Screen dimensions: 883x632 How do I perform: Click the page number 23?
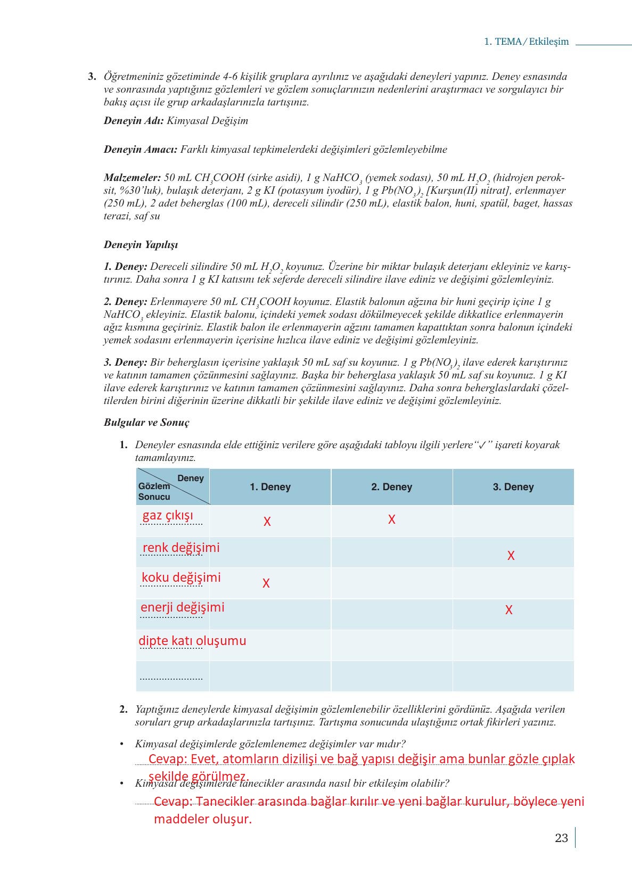point(561,838)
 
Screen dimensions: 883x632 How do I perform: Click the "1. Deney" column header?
point(270,487)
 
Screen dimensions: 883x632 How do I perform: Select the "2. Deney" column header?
point(391,487)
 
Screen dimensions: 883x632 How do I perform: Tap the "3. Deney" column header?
point(513,487)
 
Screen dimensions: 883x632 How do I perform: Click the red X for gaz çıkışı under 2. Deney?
point(391,519)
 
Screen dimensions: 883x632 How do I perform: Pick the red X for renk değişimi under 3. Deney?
point(511,556)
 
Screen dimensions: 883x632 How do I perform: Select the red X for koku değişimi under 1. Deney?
point(266,583)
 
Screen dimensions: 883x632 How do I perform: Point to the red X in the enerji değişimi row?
point(509,610)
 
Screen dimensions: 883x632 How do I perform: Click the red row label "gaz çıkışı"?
point(168,516)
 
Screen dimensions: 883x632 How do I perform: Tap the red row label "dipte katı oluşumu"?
point(192,641)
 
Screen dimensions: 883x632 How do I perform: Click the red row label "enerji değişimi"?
point(182,607)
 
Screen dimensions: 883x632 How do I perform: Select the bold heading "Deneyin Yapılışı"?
point(141,245)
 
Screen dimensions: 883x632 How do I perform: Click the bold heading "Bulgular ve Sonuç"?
point(146,423)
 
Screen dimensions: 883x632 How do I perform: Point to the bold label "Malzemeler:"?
point(132,178)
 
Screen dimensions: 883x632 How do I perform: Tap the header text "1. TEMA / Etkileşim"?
point(526,42)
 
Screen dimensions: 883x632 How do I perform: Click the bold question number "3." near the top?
point(92,76)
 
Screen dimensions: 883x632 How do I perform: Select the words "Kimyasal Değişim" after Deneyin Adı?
point(207,121)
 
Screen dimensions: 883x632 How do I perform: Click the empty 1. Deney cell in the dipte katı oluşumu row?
point(270,645)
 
